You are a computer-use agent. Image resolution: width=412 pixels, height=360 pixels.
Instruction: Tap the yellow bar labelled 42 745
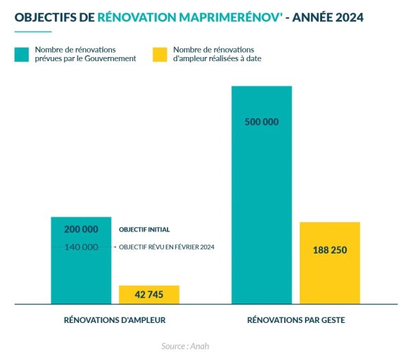pos(149,295)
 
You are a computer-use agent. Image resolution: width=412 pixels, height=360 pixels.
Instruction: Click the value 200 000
pos(81,229)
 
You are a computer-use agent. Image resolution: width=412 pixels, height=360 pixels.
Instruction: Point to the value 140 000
pos(81,247)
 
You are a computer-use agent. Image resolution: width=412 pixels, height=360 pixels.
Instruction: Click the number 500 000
pos(262,122)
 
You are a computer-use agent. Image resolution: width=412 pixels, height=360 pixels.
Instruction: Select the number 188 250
pos(330,250)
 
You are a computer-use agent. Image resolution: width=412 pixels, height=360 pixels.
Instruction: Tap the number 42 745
pos(149,295)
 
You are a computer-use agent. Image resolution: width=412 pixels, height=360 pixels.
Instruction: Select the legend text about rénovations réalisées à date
pos(217,54)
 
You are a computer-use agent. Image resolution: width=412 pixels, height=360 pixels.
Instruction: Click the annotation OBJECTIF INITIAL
pos(144,229)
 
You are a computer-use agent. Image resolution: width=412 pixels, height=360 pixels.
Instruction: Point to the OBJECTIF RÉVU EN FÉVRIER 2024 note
pos(167,247)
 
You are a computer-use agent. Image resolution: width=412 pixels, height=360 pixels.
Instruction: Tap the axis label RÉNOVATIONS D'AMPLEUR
pos(115,320)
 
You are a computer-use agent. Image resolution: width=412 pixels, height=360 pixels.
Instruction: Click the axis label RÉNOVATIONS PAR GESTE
pos(296,320)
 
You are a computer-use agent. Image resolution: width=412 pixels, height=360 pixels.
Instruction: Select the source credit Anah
pos(185,346)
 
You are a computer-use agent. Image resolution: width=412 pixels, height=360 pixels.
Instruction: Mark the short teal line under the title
pos(33,32)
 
